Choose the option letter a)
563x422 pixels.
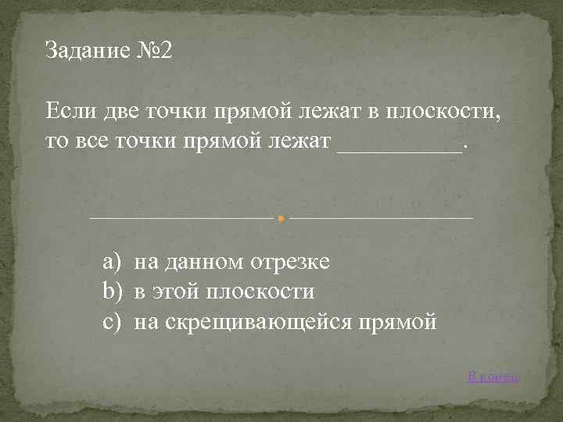point(114,263)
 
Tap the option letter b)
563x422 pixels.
point(114,292)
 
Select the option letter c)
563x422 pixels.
point(114,322)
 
